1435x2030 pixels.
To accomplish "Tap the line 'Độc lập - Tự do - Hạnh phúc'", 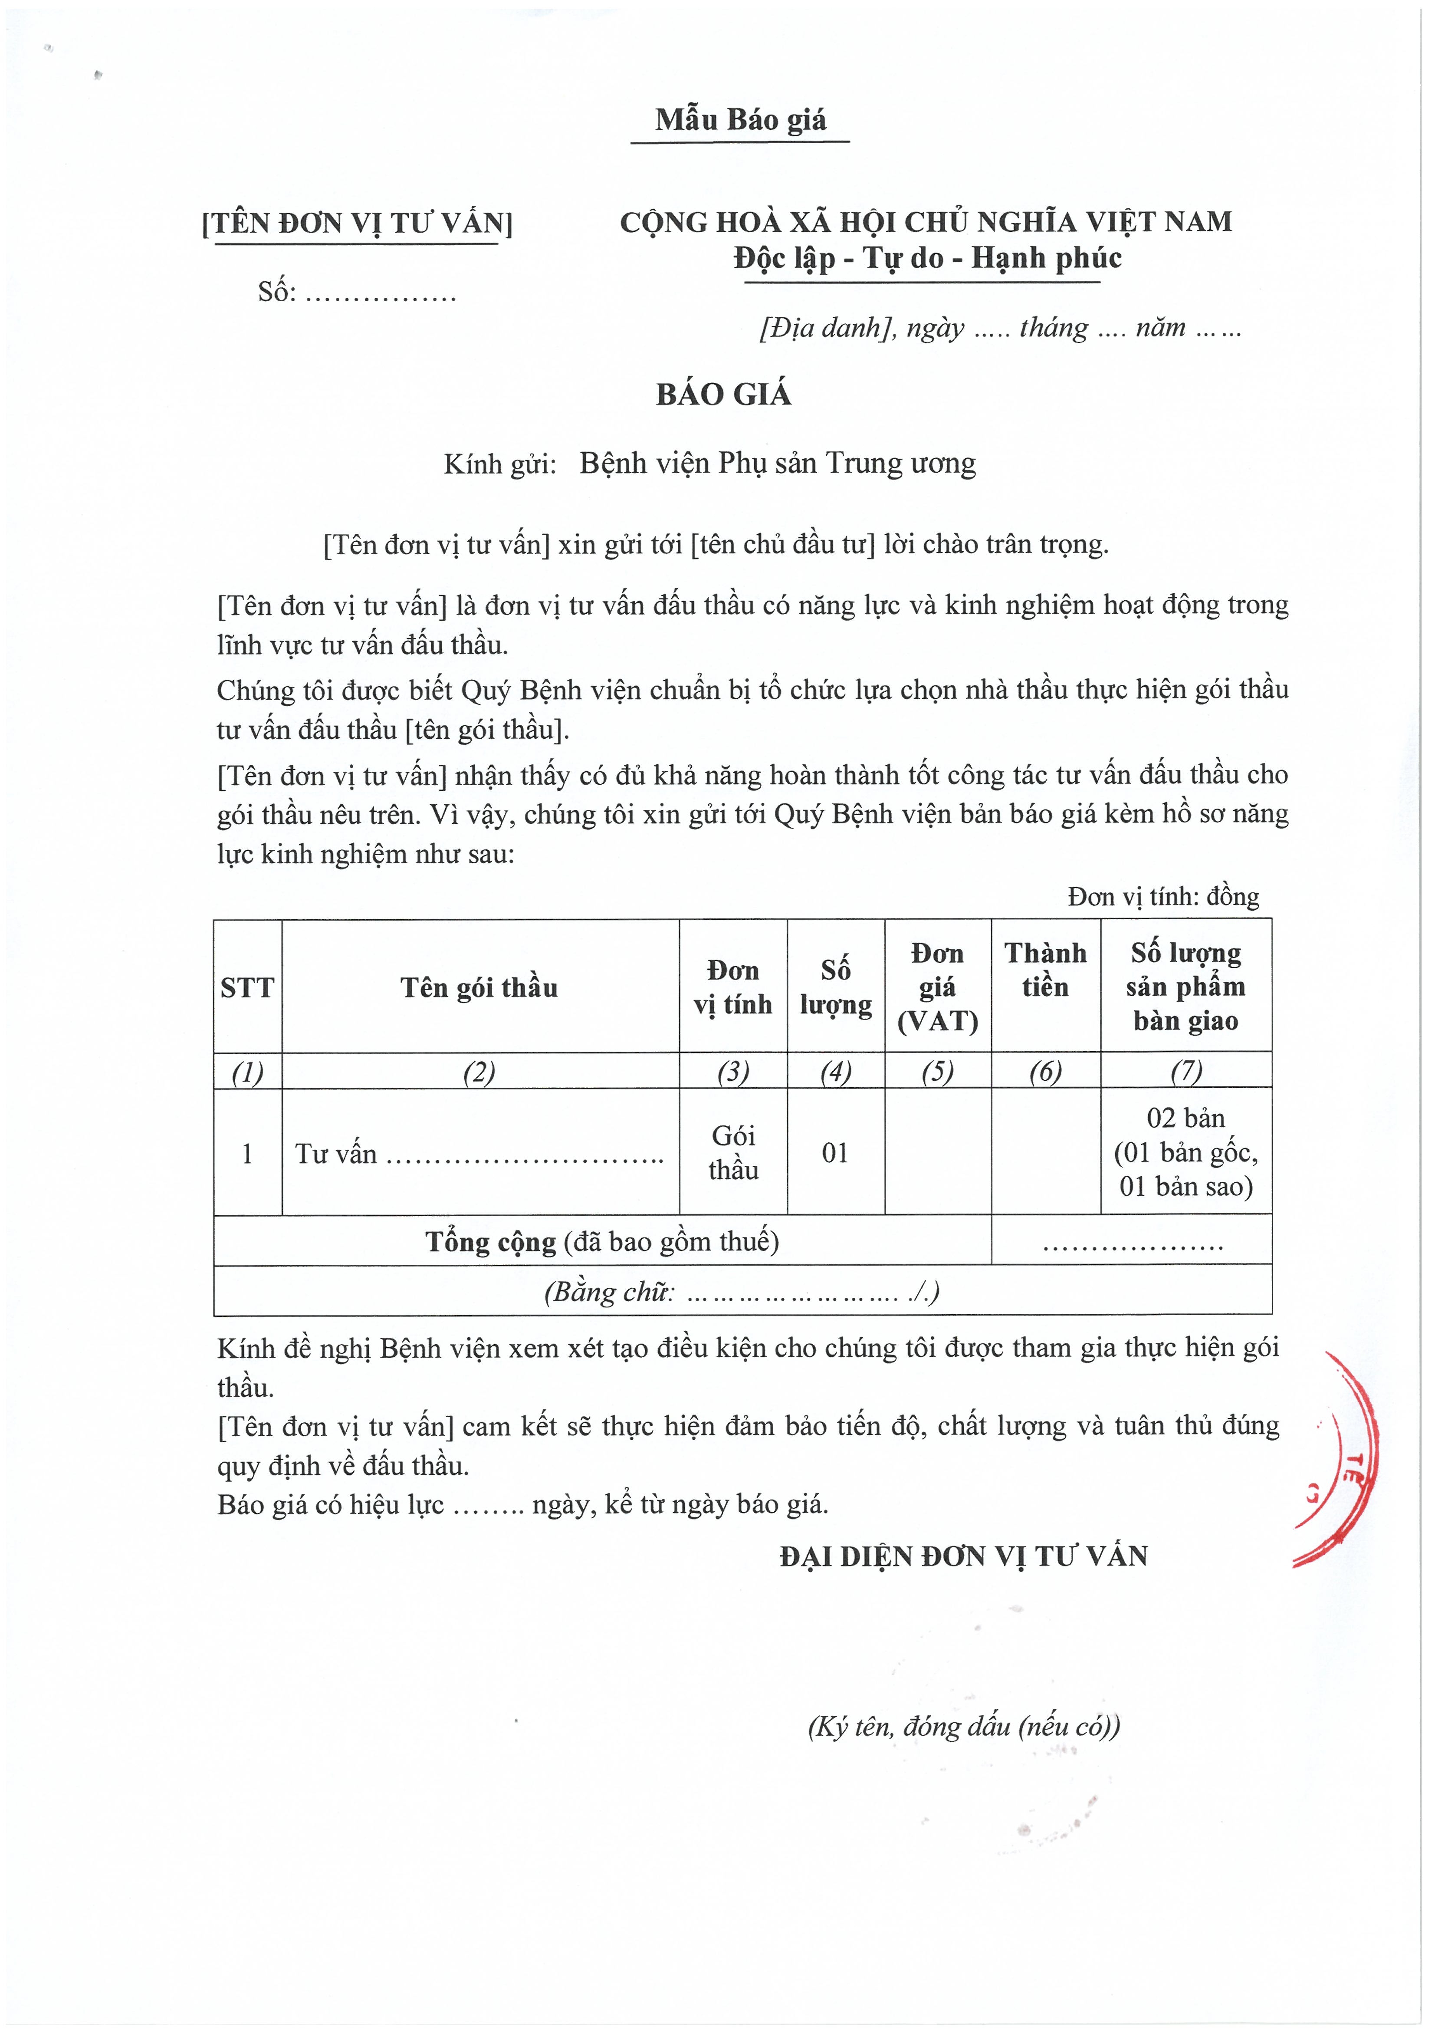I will [x=927, y=258].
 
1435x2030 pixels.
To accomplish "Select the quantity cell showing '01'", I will [x=836, y=1153].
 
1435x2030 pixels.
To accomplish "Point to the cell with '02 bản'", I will [x=1185, y=1119].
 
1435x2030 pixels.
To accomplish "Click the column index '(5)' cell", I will [x=937, y=1072].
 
